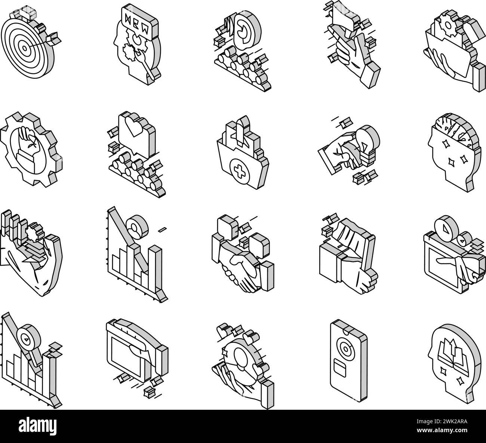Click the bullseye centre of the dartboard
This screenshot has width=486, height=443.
pyautogui.click(x=24, y=48)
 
